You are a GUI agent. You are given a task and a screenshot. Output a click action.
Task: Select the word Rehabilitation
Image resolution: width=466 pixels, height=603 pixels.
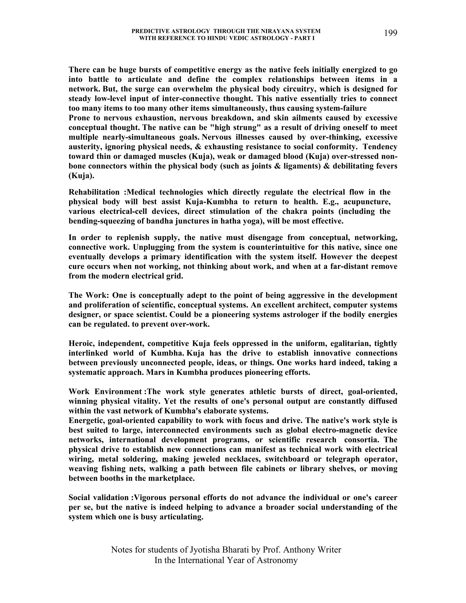(x=94, y=192)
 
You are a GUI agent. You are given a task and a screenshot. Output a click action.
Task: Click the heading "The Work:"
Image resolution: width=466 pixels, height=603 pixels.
(x=88, y=295)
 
